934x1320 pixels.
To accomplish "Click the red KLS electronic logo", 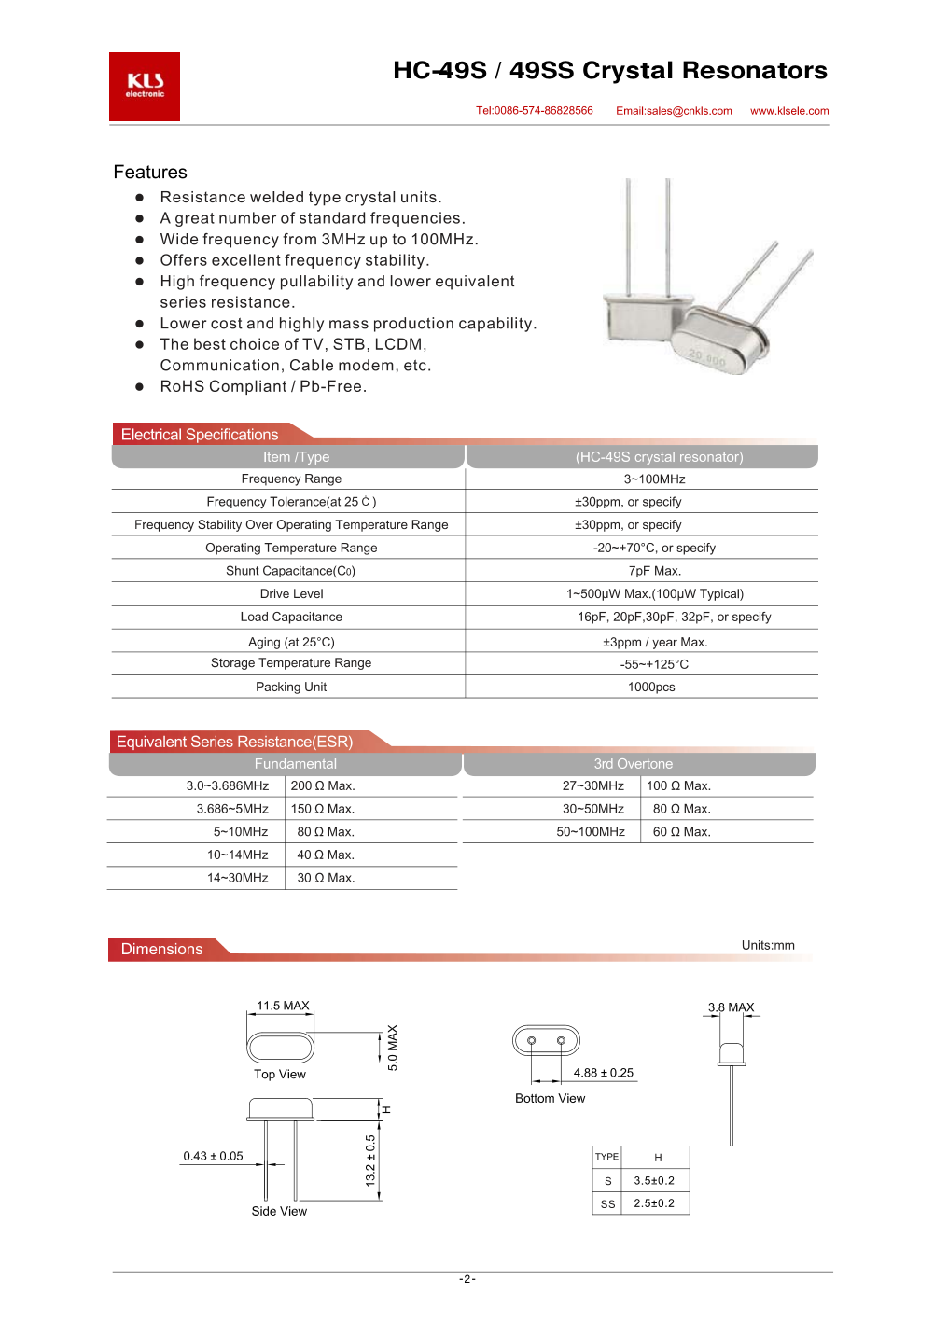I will click(145, 86).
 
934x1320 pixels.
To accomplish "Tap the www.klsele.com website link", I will click(789, 111).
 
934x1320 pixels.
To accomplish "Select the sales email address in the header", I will click(674, 111).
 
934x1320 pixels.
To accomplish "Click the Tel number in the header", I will click(535, 111).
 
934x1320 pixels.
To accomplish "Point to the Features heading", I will click(150, 173).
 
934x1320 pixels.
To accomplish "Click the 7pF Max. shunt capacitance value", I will click(655, 571).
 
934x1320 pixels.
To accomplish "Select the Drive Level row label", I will click(292, 594).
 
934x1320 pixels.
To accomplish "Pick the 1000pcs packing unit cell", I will click(651, 688).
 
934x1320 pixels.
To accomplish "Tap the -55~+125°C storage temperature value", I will click(654, 664).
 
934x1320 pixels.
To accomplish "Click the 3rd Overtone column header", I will click(634, 764).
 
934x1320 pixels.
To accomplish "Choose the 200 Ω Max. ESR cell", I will click(323, 786).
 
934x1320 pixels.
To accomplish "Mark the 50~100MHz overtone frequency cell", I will click(591, 832).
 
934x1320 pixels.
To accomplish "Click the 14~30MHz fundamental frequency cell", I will click(238, 878).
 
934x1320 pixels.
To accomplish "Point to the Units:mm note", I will click(768, 946).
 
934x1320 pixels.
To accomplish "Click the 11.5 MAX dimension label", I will click(283, 1006).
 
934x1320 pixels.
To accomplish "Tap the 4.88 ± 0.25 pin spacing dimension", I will click(603, 1073).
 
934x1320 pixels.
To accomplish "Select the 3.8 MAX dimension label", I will click(731, 1007).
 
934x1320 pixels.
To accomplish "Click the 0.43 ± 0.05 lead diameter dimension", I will click(213, 1157).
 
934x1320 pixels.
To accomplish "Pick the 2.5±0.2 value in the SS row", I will click(654, 1203).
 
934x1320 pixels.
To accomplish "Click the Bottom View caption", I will click(551, 1099).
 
